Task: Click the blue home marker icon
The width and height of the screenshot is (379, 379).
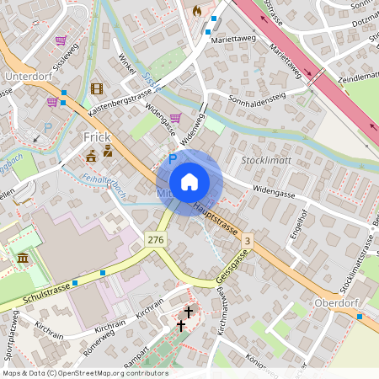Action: [x=189, y=182]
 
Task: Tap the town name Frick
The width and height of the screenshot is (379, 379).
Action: [x=97, y=136]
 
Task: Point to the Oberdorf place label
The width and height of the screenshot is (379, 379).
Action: [x=336, y=302]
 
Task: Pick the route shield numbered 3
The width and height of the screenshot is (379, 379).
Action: [x=246, y=242]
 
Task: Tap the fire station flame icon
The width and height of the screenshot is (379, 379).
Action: [x=197, y=11]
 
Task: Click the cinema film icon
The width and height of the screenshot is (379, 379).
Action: [x=96, y=88]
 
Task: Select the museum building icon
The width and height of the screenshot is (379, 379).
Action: [x=22, y=256]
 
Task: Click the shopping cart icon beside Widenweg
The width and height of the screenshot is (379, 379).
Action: [x=175, y=118]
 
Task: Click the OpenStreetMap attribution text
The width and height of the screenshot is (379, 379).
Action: [x=84, y=373]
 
